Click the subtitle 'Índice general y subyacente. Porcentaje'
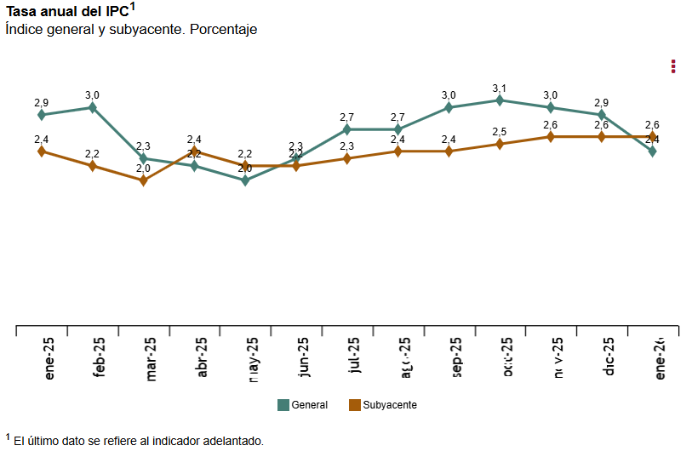(x=131, y=29)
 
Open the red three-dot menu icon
(x=673, y=66)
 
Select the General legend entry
(x=302, y=405)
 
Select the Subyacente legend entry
(x=382, y=405)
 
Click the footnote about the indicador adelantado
(x=136, y=441)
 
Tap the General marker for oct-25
(x=500, y=100)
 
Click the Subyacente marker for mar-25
(x=143, y=180)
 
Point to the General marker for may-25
(x=245, y=180)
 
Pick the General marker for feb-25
(x=92, y=107)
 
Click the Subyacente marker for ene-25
(x=41, y=151)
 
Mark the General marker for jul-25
(x=347, y=129)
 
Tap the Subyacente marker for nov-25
(x=551, y=137)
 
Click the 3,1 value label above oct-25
(x=500, y=89)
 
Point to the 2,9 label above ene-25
(x=41, y=103)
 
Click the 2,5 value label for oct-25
(x=500, y=132)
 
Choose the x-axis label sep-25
(x=456, y=357)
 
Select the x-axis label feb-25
(x=100, y=357)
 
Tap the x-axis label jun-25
(x=303, y=357)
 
